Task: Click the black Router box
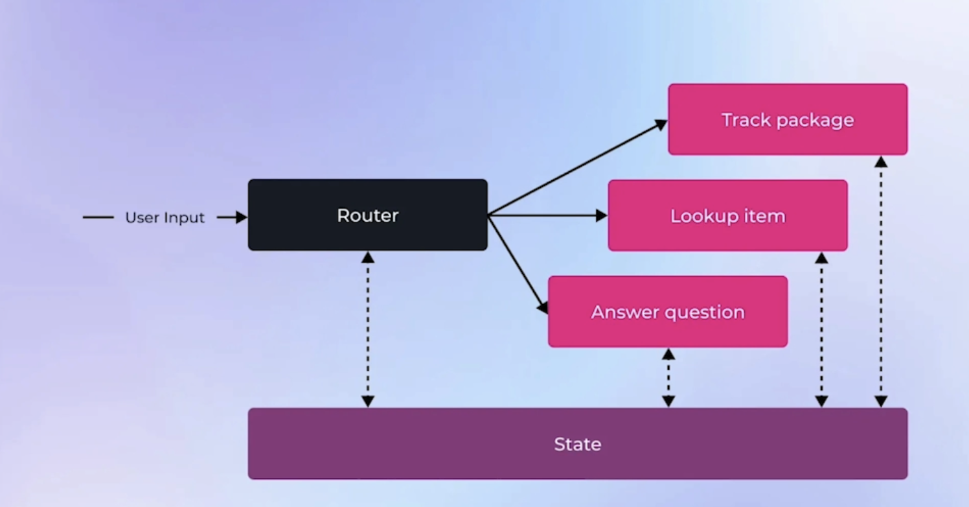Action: [368, 215]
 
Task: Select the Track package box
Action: [788, 119]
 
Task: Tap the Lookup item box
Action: [727, 216]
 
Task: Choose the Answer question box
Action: [668, 312]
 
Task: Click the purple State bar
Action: [578, 443]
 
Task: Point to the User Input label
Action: [165, 217]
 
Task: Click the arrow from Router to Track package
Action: [578, 167]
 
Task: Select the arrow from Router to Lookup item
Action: [548, 215]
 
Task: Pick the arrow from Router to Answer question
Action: [518, 264]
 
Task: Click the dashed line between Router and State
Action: [368, 329]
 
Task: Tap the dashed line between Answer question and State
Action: [668, 378]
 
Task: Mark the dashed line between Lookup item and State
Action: [821, 330]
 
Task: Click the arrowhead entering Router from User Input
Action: [242, 217]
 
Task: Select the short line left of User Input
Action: [98, 217]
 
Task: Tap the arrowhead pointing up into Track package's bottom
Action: [881, 161]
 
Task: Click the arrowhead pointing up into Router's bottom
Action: [368, 257]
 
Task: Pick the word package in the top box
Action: [815, 121]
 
